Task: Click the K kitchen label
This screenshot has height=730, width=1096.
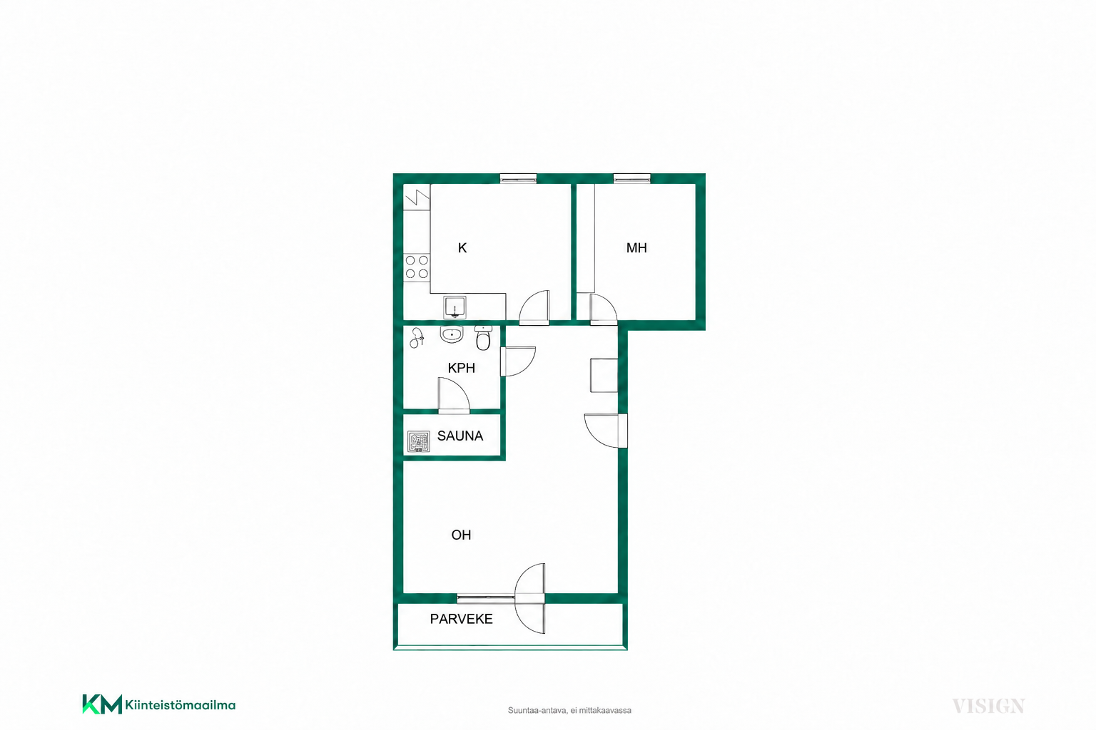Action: coord(462,248)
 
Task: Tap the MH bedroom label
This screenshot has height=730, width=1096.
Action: coord(636,248)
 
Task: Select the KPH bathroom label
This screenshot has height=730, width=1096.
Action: coord(462,368)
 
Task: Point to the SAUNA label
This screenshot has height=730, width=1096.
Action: coord(460,436)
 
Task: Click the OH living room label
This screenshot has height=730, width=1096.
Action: coord(461,535)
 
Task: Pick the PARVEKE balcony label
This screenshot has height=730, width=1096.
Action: coord(462,619)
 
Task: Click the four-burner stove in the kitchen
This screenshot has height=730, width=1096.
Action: coord(417,267)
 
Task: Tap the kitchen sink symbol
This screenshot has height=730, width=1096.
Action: coord(455,307)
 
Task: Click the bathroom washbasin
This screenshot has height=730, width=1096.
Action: coord(451,335)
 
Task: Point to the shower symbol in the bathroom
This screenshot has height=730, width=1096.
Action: coord(417,337)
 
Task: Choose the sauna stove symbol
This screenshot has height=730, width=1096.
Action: coord(418,441)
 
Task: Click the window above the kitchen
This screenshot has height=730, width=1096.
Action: coord(518,178)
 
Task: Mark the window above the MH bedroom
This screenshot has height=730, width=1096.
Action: coord(631,178)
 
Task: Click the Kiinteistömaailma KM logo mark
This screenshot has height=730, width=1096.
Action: coord(102,704)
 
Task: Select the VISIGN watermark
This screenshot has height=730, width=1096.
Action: coord(988,706)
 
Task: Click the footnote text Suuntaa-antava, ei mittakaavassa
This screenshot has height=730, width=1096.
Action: coord(569,711)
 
